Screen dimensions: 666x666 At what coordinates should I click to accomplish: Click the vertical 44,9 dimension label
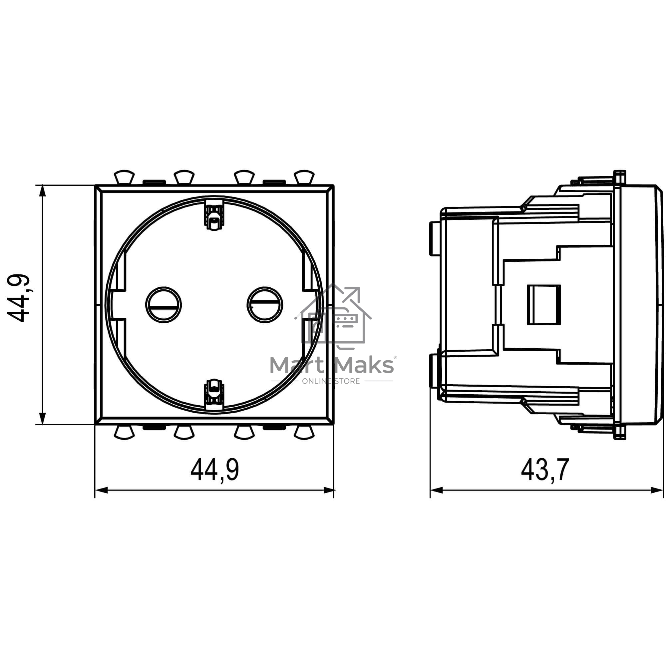tap(19, 298)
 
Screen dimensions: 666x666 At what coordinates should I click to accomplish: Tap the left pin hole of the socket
tap(164, 305)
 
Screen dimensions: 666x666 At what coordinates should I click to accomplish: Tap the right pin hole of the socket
tap(265, 305)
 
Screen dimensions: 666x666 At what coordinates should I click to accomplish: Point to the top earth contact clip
tap(214, 216)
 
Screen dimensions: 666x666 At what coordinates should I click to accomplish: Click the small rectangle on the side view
tap(544, 305)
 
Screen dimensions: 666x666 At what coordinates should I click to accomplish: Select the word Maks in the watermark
tap(365, 365)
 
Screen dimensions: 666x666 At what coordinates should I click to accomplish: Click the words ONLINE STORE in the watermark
tap(331, 381)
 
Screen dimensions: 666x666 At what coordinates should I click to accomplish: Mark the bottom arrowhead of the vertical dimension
tap(42, 419)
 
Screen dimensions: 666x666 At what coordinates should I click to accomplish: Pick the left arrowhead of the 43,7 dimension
tap(437, 490)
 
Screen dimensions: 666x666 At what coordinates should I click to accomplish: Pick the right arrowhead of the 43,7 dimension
tap(657, 490)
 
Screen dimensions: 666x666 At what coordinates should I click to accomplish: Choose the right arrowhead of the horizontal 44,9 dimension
tap(329, 490)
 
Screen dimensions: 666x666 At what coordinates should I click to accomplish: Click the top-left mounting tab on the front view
tap(124, 176)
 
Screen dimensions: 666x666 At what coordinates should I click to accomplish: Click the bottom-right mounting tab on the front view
tap(304, 433)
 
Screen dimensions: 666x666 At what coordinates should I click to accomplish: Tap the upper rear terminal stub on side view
tap(434, 238)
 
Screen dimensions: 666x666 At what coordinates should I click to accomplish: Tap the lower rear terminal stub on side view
tap(434, 371)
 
